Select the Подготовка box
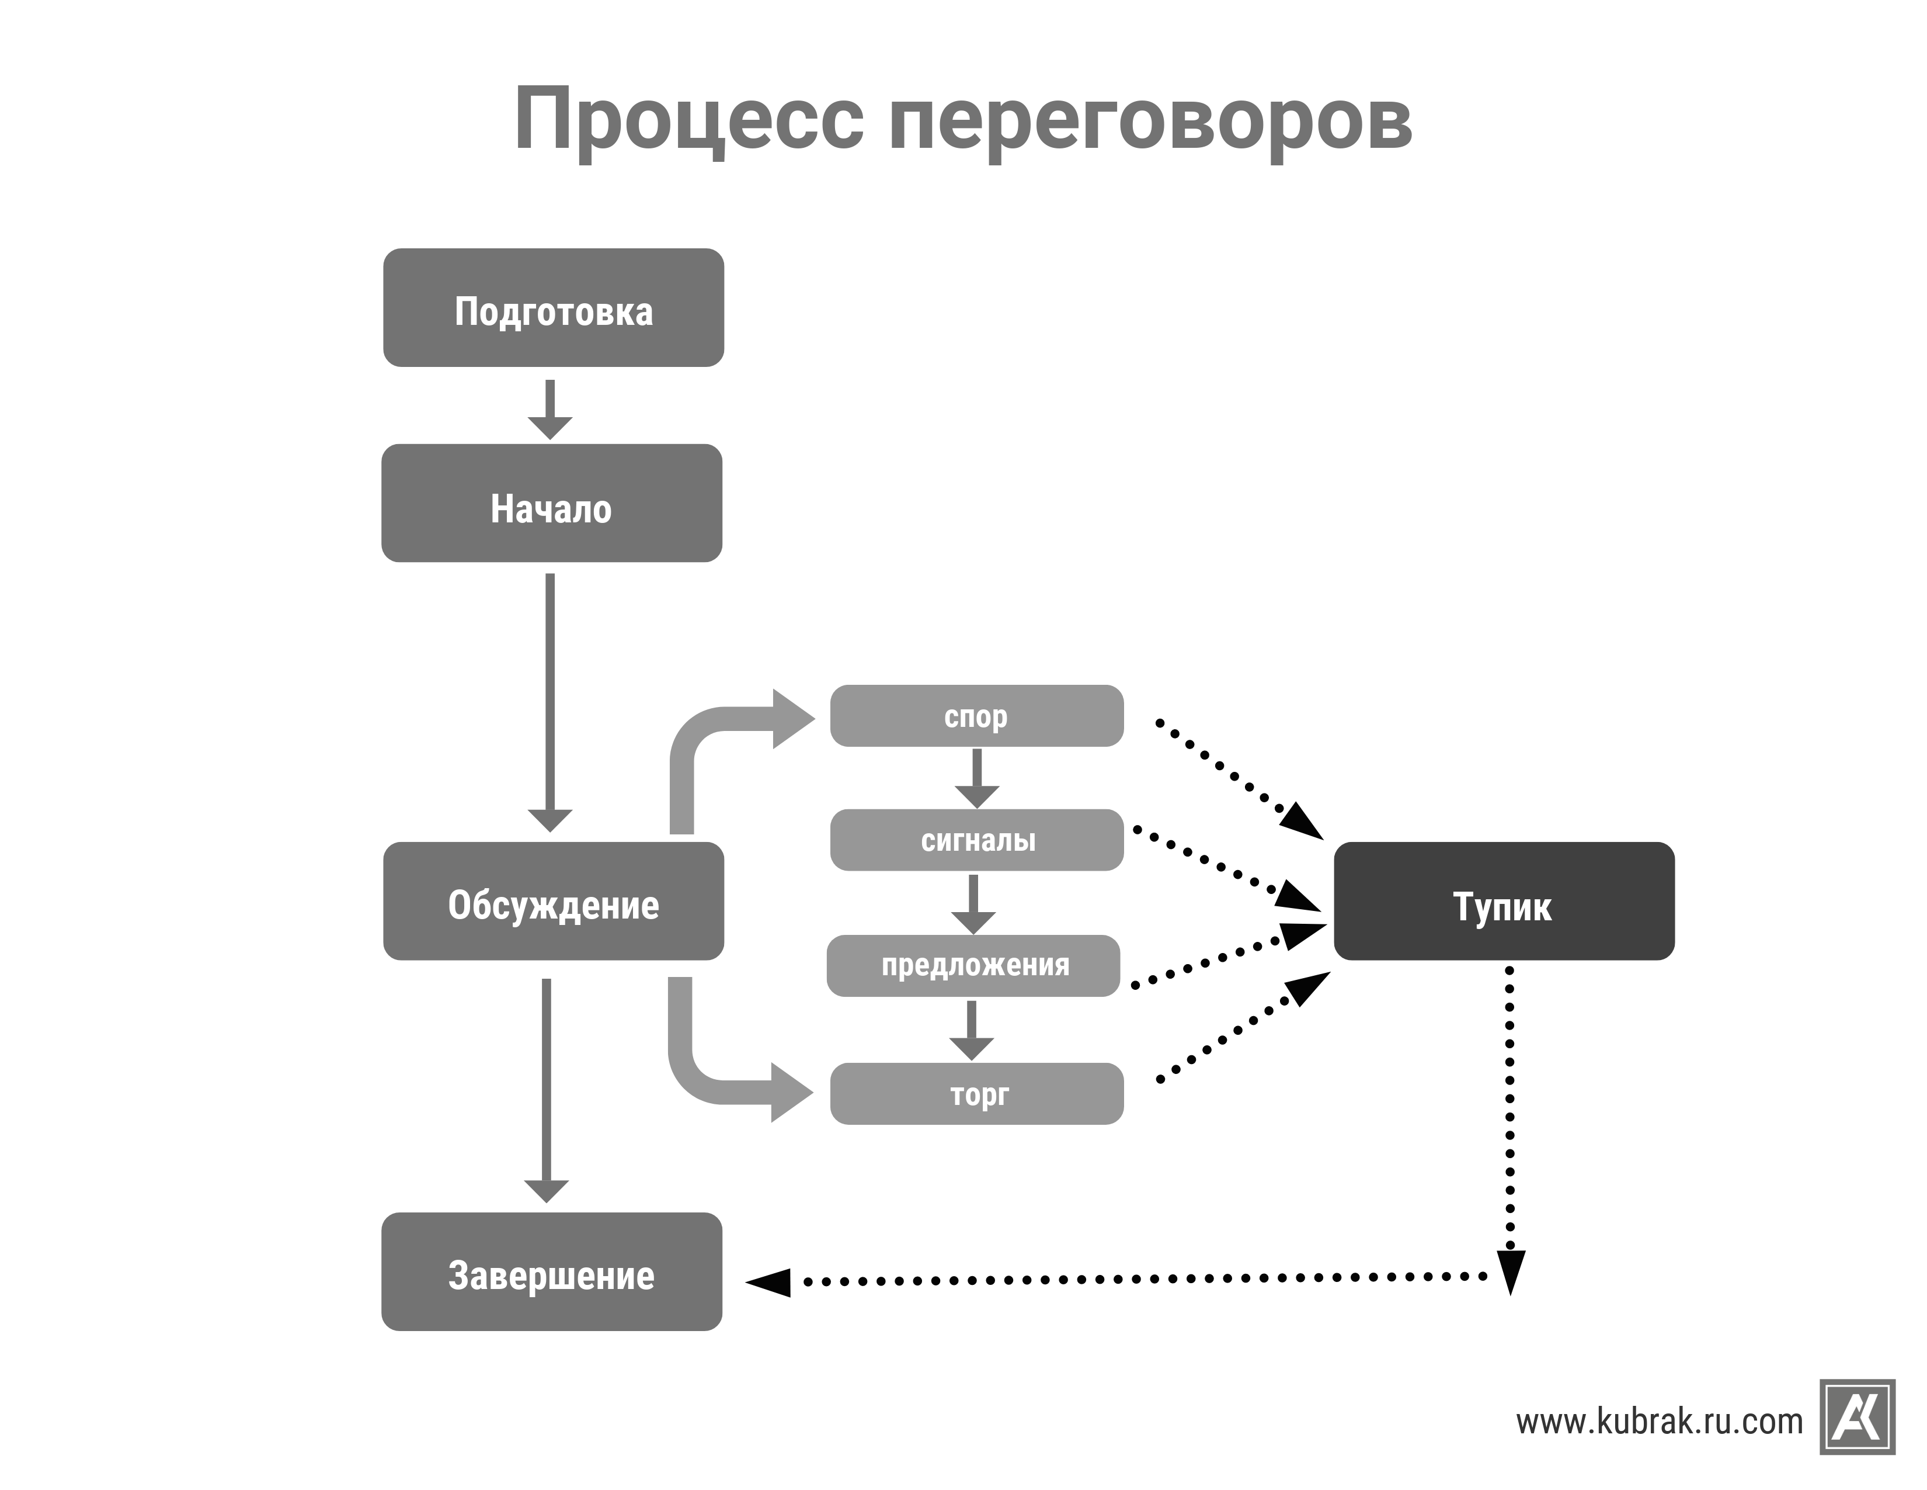553,307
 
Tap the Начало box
551,503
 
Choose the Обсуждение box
553,901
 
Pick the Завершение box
551,1272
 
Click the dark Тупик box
1504,901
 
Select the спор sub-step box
977,716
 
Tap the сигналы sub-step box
977,840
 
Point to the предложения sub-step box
973,966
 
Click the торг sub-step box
977,1094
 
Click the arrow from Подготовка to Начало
549,410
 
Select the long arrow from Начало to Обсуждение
549,702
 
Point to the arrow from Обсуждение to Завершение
546,1091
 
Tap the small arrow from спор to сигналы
977,778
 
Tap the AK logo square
1858,1417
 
